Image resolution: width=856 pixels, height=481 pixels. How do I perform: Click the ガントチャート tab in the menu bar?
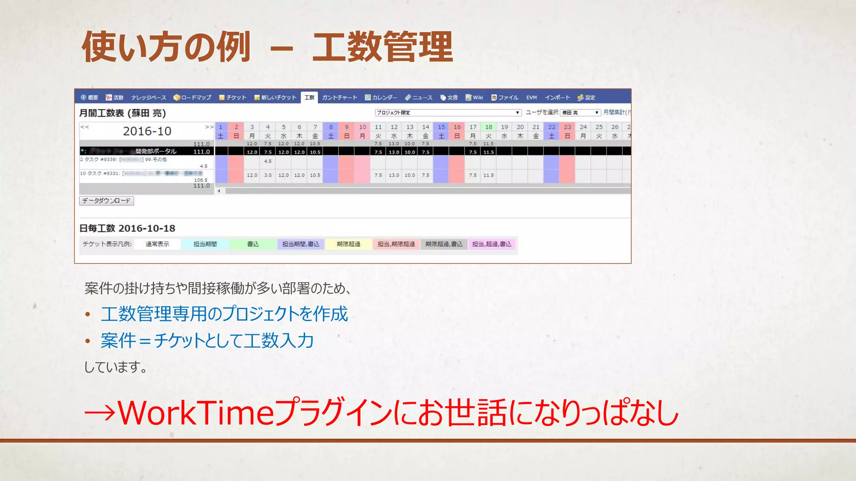coord(339,98)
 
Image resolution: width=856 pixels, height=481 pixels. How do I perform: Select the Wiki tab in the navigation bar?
coord(475,98)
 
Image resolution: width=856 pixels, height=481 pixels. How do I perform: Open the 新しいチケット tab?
coord(275,98)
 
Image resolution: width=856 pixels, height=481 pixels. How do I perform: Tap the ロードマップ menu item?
coord(193,98)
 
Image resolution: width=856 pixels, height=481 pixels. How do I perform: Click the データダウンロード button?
coord(107,201)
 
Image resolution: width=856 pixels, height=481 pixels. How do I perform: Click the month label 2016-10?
coord(147,132)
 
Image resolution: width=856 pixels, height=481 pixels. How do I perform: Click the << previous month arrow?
coord(85,127)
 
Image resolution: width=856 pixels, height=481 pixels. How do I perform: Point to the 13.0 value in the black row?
coord(394,152)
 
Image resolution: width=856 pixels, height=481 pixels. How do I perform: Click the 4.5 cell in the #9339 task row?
coord(268,161)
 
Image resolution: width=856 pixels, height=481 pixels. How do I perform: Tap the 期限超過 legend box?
coord(349,244)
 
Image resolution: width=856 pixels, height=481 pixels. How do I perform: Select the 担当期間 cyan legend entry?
coord(205,244)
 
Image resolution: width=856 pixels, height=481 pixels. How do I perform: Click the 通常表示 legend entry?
coord(158,244)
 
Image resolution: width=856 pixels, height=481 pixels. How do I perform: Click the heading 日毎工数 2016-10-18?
coord(127,228)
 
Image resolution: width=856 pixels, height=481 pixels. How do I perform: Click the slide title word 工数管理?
coord(382,47)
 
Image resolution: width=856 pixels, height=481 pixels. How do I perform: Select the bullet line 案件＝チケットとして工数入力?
coord(207,341)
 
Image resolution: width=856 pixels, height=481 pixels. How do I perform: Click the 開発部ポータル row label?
coord(155,151)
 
